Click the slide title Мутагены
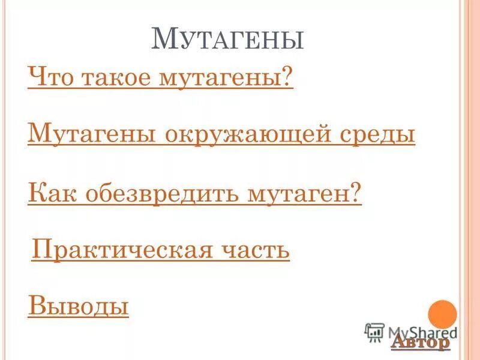227,41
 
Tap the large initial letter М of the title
163,38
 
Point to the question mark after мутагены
287,79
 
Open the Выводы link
79,306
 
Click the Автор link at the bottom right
420,342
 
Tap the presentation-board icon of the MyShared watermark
374,332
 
